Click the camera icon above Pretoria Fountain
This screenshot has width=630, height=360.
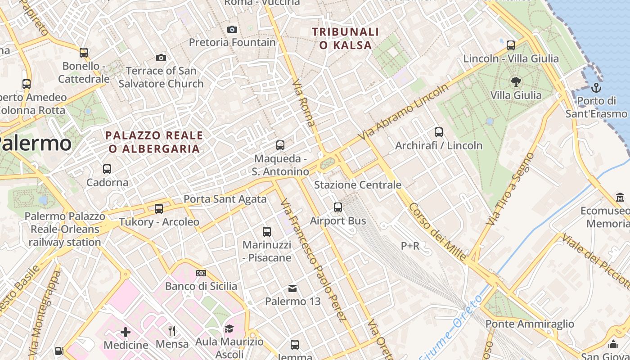click(x=232, y=30)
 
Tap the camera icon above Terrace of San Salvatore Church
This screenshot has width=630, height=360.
click(x=161, y=58)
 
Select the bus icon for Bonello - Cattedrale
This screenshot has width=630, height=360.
click(x=84, y=53)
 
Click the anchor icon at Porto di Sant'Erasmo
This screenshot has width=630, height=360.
click(x=596, y=87)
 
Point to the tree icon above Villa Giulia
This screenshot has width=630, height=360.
click(x=516, y=82)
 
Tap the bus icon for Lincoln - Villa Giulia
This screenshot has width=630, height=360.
click(x=511, y=45)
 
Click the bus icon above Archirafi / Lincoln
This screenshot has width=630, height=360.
click(x=439, y=132)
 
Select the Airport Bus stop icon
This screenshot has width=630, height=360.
click(x=338, y=207)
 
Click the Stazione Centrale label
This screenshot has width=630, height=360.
click(x=357, y=185)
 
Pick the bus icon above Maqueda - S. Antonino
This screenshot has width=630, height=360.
click(x=280, y=145)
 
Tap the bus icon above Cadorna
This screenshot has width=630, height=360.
click(x=107, y=169)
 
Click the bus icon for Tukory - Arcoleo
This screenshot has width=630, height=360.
click(x=159, y=209)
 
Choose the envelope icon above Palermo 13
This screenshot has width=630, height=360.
click(x=292, y=288)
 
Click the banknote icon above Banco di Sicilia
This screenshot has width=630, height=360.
click(x=201, y=273)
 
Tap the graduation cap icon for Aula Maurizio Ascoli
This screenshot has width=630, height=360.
click(x=229, y=328)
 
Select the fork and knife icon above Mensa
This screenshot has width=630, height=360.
click(x=172, y=331)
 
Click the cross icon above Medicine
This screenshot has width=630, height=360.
click(x=126, y=332)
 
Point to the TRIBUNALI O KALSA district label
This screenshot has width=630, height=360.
click(x=346, y=38)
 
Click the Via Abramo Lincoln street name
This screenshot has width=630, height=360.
click(x=404, y=111)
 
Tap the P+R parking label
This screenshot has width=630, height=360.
click(x=410, y=246)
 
